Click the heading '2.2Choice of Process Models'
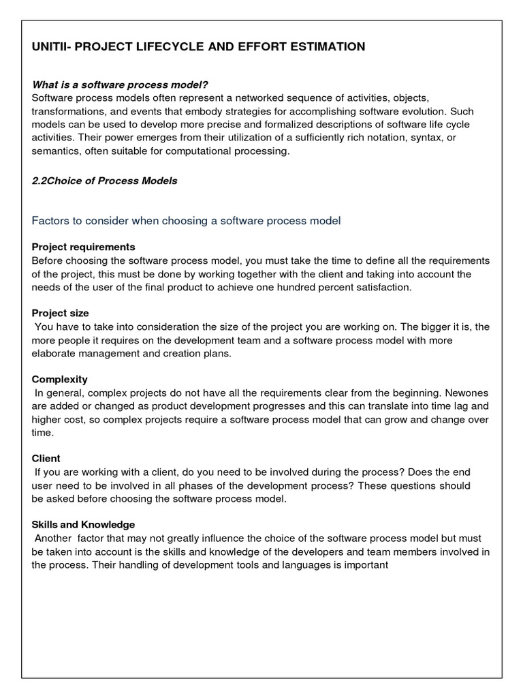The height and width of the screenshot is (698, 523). coord(105,181)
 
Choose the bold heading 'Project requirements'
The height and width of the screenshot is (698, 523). coord(84,247)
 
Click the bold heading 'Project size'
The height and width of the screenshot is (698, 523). coord(61,313)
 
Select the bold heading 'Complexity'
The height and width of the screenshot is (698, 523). coord(60,379)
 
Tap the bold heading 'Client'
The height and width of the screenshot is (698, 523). coord(46,459)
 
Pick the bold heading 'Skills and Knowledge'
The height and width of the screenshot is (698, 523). coord(84,525)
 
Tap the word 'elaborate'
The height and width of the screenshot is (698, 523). coord(54,353)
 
